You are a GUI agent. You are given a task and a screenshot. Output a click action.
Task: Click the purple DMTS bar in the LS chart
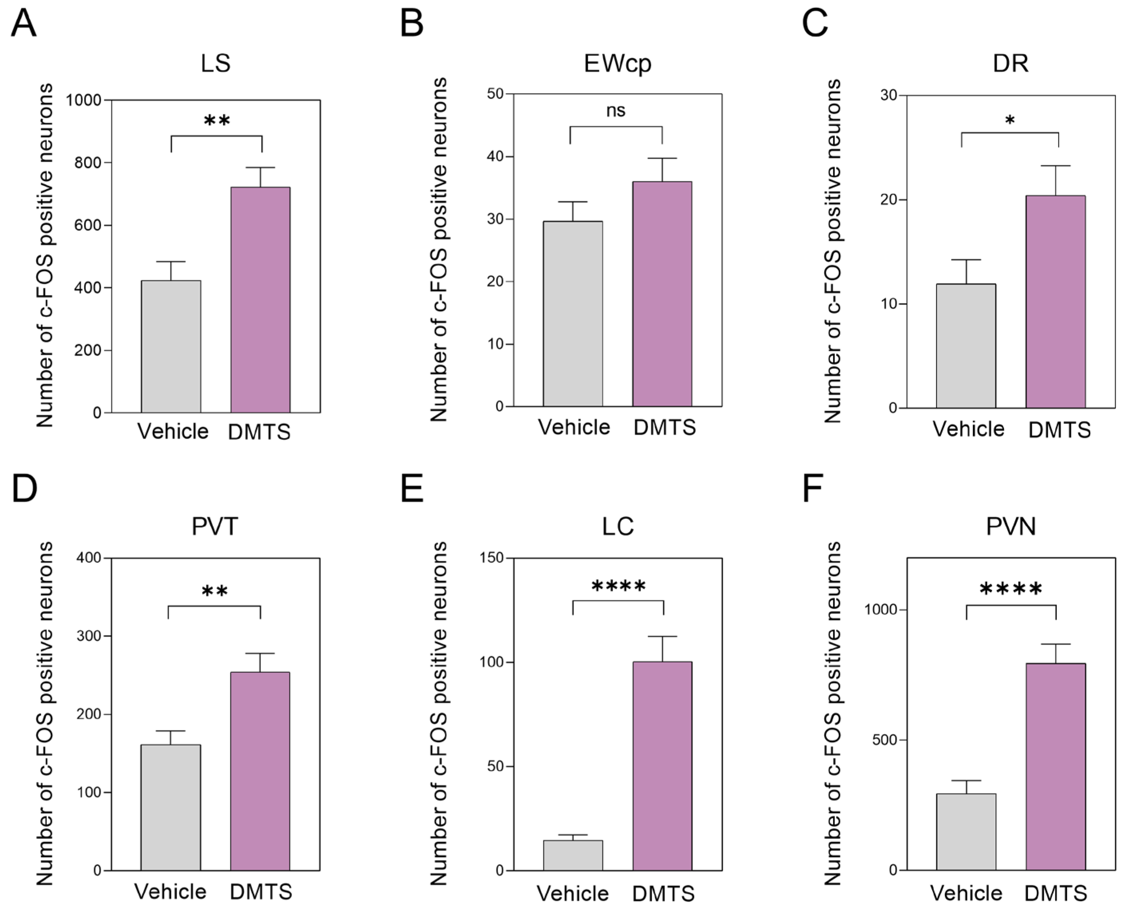click(260, 299)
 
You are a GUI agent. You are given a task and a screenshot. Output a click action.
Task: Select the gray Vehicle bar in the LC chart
click(573, 855)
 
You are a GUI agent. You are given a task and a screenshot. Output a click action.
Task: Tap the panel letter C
click(814, 24)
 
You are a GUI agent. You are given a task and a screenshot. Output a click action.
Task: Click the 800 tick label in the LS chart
click(87, 163)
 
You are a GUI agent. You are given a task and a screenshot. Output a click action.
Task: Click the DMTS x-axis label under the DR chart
click(1059, 430)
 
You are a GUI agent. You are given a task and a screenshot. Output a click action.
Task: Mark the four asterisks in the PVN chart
click(1010, 590)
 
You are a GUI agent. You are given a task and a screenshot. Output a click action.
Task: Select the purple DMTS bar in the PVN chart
click(1056, 767)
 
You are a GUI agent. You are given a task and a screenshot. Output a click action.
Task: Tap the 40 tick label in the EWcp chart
click(495, 156)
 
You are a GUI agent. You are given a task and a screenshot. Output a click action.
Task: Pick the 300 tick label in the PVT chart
click(89, 636)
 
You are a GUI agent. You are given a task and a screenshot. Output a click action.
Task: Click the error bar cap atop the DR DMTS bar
click(1056, 166)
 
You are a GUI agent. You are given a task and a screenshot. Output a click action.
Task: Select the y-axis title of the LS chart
click(45, 255)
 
